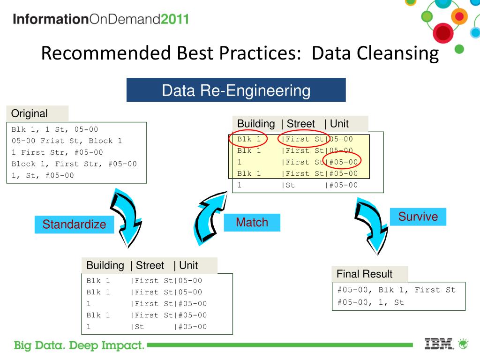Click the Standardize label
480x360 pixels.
click(74, 225)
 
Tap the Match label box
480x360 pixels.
click(252, 223)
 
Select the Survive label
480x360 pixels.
click(418, 217)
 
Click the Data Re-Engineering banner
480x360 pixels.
click(236, 90)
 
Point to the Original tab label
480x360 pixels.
click(30, 113)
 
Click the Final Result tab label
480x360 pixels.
click(365, 274)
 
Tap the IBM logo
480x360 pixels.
click(439, 344)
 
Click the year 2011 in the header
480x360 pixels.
click(175, 19)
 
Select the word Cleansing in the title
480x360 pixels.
click(398, 53)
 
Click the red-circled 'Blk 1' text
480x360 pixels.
click(248, 139)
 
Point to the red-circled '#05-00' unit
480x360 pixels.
click(343, 162)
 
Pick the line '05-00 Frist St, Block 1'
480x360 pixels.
click(67, 141)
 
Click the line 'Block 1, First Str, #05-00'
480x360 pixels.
click(74, 164)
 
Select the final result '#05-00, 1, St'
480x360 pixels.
click(370, 302)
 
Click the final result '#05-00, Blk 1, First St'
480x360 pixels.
click(396, 290)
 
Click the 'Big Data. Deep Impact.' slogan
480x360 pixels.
click(79, 346)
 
